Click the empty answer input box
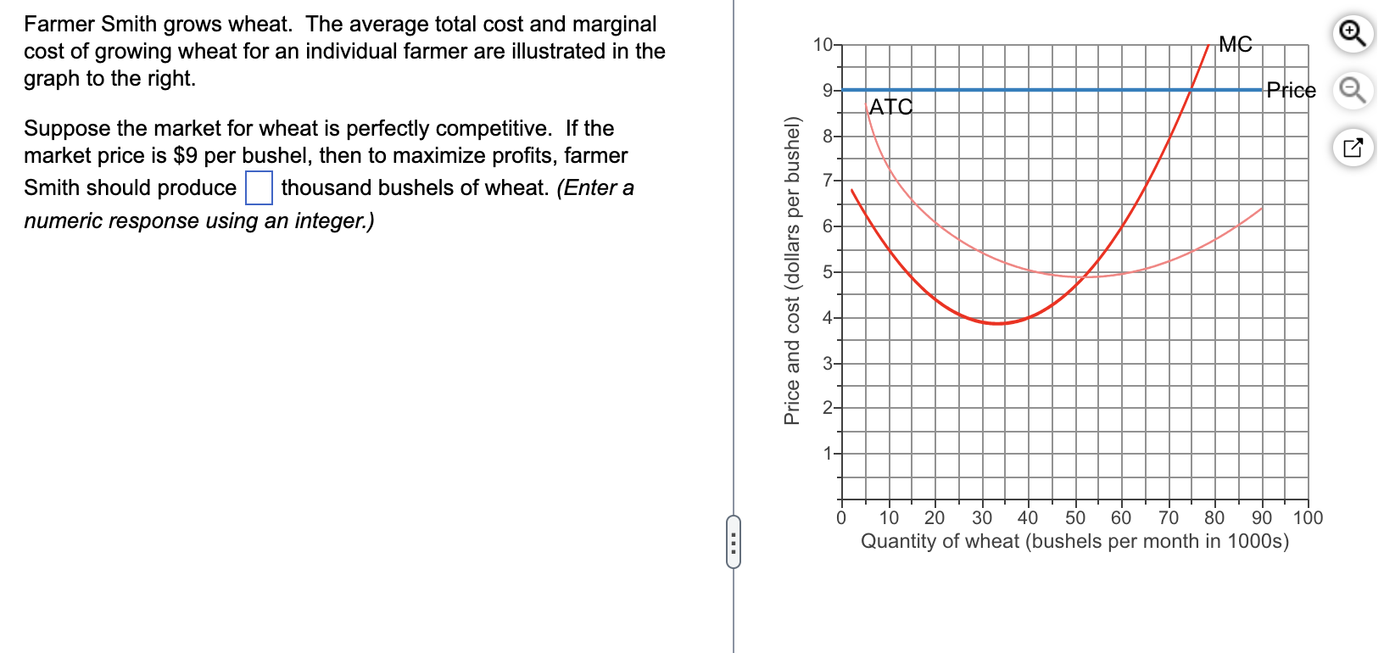click(x=259, y=188)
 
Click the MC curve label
click(x=1235, y=44)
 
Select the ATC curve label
click(x=890, y=107)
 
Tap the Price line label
click(x=1291, y=90)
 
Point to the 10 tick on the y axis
click(x=823, y=44)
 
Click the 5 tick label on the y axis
click(x=828, y=272)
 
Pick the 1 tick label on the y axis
click(x=828, y=454)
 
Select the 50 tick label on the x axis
click(x=1074, y=517)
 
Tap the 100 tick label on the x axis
click(x=1308, y=517)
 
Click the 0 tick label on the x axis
click(x=841, y=517)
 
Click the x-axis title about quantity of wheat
click(x=1074, y=541)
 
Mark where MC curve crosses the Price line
click(x=1191, y=89)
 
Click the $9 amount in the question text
click(x=185, y=156)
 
